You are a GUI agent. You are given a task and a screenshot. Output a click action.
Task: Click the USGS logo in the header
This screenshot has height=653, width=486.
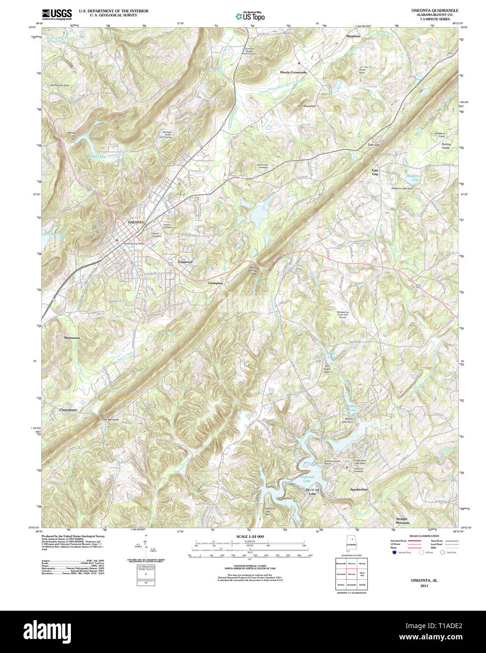57,14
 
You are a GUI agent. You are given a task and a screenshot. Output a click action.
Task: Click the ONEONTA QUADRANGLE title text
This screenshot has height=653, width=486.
435,10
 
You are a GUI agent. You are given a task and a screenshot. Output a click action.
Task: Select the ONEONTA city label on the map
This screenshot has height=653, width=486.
136,222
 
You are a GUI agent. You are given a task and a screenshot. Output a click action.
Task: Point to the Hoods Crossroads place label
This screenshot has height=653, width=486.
293,72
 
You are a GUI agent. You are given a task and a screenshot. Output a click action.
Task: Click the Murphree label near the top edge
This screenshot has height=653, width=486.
353,36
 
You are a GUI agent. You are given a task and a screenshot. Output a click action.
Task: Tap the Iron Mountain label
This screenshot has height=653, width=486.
306,106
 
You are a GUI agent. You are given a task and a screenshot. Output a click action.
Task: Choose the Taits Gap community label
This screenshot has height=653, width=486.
375,172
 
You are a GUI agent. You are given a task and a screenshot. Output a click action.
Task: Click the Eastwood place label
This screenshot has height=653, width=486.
185,262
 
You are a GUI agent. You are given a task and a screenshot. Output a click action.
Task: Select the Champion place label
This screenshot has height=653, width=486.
215,283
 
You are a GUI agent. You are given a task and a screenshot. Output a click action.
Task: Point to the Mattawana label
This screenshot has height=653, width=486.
72,338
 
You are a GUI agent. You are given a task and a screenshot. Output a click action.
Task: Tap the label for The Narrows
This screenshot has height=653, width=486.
110,419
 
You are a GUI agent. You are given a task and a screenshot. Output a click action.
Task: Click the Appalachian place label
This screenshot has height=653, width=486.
358,490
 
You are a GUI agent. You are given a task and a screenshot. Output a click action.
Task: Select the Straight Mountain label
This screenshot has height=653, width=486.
402,521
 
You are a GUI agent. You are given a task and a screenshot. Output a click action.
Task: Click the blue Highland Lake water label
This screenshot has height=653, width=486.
307,479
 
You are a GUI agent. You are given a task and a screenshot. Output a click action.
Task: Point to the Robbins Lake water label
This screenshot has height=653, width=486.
412,178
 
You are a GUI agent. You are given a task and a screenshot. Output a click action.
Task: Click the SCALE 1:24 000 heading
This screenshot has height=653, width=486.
250,536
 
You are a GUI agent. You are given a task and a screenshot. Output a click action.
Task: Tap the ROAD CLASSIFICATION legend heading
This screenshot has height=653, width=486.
424,536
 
